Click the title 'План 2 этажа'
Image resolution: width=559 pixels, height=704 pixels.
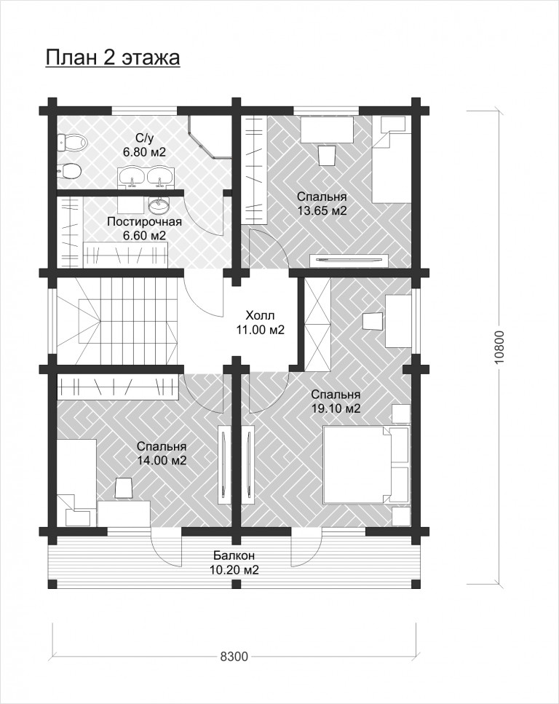pos(113,58)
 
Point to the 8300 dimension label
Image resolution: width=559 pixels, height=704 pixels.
pos(234,657)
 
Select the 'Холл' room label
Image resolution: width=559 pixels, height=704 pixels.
pos(260,315)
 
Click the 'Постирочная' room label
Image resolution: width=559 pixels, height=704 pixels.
pos(145,222)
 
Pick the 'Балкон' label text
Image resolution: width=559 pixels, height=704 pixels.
pos(234,555)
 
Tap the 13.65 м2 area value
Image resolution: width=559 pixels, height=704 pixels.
pos(322,210)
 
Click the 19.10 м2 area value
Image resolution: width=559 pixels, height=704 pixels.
pos(336,408)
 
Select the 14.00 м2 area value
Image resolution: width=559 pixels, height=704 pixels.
pos(162,461)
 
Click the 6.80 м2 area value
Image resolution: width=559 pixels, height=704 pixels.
pos(145,152)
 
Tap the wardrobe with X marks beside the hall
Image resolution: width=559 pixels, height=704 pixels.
pos(317,324)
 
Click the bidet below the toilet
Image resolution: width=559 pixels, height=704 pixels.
pos(69,170)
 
